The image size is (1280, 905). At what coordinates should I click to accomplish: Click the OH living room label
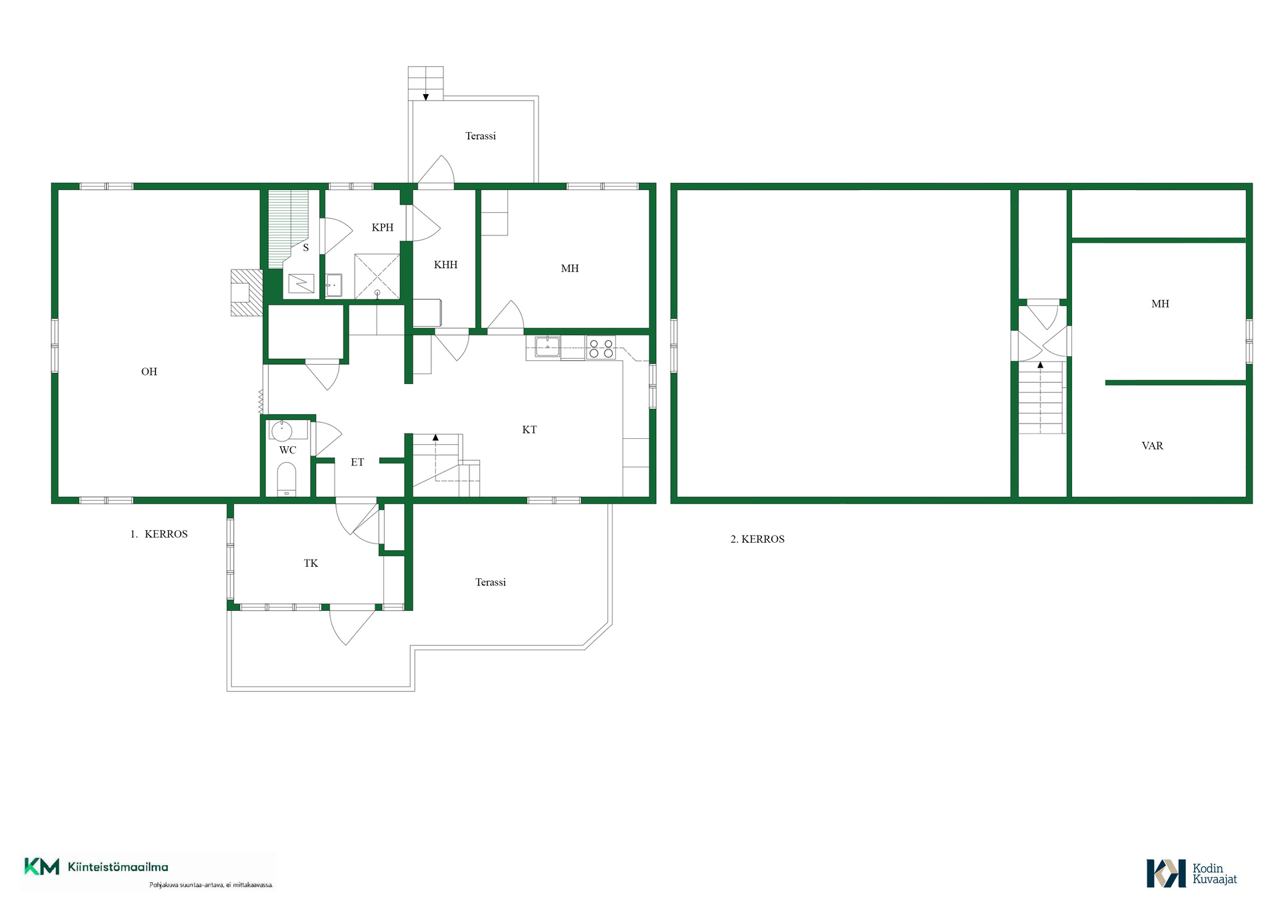click(149, 371)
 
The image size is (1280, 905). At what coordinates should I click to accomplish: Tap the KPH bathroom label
click(382, 227)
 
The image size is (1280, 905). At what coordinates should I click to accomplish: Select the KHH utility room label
click(445, 265)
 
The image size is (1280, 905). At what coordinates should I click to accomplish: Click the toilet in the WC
click(287, 480)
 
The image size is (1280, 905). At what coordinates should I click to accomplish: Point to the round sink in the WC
click(281, 430)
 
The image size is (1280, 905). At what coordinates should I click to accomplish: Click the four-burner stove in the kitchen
click(601, 349)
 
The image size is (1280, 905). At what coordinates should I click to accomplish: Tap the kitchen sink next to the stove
click(547, 347)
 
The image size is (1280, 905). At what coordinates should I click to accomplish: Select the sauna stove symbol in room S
click(301, 283)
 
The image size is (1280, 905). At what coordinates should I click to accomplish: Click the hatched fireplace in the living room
click(246, 292)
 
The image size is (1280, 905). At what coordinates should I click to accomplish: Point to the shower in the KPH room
click(377, 276)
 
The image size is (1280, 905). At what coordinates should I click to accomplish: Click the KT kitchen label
click(529, 429)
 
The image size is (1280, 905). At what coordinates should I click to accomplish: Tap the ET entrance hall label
click(357, 462)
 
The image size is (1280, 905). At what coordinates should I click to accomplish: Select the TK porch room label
click(311, 564)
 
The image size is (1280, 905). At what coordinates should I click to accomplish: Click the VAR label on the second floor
click(1152, 446)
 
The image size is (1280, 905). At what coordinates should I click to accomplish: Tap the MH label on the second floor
click(1160, 304)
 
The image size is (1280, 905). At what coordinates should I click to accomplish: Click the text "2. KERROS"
click(757, 539)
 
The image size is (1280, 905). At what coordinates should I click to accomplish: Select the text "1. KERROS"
click(159, 534)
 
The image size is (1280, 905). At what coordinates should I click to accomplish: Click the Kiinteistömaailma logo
click(97, 867)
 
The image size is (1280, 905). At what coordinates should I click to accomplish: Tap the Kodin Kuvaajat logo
click(1191, 874)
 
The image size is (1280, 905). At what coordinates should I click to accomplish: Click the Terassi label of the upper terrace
click(480, 136)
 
